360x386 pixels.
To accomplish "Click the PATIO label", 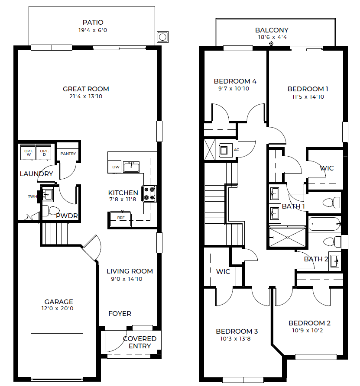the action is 93,23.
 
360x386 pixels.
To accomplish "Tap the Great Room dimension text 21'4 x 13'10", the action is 86,96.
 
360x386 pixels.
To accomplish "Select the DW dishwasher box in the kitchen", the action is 114,167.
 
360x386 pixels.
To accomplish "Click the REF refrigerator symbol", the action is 120,219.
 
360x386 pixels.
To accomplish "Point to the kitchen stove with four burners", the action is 149,193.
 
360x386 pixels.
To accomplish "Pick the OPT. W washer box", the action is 28,153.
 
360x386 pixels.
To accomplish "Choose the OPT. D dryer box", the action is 44,153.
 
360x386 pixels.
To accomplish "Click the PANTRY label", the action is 68,154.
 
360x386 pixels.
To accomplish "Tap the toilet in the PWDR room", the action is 51,211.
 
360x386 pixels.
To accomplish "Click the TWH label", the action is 32,196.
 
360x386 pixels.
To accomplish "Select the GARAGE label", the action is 58,302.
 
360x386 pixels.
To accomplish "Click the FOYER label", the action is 120,314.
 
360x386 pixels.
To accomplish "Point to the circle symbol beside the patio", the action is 162,37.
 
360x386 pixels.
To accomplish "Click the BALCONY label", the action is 272,30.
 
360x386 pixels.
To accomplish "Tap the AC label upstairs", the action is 237,150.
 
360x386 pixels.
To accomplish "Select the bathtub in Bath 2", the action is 325,224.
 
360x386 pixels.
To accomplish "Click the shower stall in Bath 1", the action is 287,237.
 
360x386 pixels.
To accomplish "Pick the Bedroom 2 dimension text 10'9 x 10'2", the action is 308,331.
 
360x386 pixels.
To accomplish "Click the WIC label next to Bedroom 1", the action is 327,168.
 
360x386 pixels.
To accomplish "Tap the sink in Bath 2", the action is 335,261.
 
